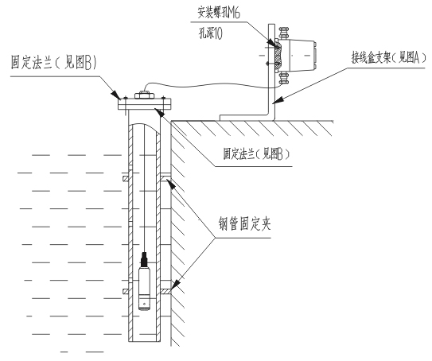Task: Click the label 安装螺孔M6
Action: [x=219, y=12]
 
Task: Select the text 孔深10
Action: [x=211, y=33]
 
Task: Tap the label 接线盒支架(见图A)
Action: [x=389, y=58]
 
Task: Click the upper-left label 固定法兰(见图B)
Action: [x=54, y=62]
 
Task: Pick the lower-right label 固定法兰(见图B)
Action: [x=256, y=154]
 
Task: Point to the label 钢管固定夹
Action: [x=245, y=223]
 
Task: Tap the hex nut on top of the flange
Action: [x=144, y=95]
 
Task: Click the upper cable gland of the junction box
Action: [x=283, y=33]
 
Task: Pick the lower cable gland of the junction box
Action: [x=283, y=78]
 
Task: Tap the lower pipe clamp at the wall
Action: [x=165, y=291]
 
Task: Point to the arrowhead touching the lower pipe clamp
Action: [x=177, y=285]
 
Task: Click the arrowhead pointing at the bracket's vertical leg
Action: [x=278, y=100]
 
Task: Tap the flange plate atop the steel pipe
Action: [x=145, y=104]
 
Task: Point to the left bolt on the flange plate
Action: [x=126, y=104]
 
